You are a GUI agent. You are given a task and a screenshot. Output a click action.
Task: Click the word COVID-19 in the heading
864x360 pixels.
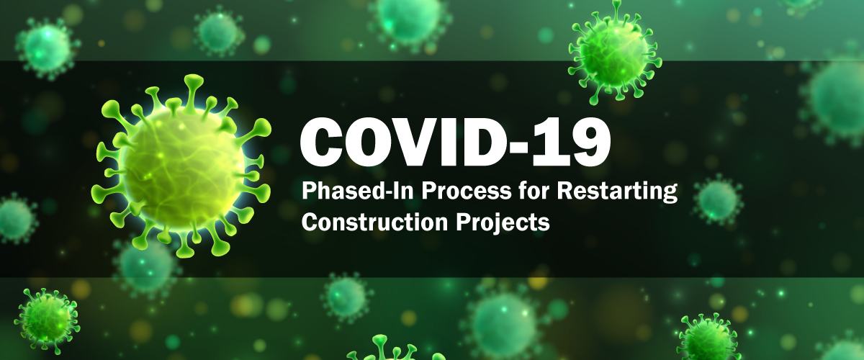point(455,143)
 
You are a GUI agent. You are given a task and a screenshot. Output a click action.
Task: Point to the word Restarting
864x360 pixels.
point(617,192)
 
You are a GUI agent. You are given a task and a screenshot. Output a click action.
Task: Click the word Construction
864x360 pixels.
point(375,222)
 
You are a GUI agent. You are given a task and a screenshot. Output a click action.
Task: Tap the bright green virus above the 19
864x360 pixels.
point(614,52)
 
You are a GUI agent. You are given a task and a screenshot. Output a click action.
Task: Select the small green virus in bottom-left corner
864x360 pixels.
point(47,320)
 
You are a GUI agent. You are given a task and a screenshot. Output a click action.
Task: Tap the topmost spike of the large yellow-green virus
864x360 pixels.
point(193,83)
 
